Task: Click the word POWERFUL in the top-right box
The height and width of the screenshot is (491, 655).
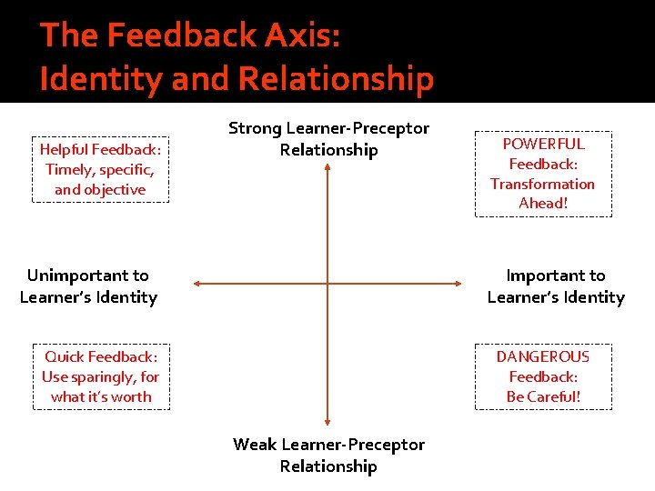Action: click(x=544, y=144)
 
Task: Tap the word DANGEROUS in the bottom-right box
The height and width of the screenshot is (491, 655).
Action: click(x=543, y=356)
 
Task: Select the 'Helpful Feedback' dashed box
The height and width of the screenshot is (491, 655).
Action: click(x=100, y=169)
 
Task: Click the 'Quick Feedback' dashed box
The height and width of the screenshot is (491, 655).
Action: click(x=101, y=376)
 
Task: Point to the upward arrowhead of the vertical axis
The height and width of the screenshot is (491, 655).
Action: click(x=327, y=168)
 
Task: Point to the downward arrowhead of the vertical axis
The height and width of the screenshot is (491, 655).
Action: click(x=327, y=421)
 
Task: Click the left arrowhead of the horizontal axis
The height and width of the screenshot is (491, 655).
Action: click(x=197, y=284)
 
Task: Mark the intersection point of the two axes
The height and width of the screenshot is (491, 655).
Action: click(x=327, y=284)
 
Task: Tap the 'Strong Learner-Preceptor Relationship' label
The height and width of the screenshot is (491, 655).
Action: click(x=328, y=139)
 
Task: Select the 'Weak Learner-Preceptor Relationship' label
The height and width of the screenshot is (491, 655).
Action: click(x=328, y=455)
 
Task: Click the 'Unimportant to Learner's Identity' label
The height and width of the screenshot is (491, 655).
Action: click(x=88, y=286)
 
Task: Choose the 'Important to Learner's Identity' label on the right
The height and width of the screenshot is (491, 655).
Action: click(x=556, y=286)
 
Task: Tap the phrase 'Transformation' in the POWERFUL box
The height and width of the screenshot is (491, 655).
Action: click(x=542, y=184)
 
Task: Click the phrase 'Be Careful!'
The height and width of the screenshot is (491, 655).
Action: click(x=543, y=396)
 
